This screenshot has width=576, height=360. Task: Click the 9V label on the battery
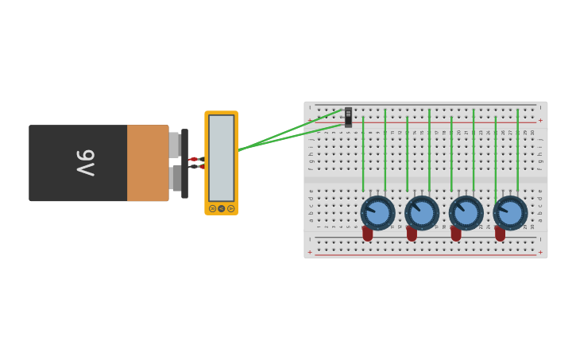point(85,163)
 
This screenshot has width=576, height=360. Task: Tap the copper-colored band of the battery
point(148,163)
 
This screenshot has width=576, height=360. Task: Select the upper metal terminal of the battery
point(174,145)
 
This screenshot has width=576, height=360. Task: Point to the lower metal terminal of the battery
point(175,178)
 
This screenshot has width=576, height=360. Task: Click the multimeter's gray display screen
point(221,157)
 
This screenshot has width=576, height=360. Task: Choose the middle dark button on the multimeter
point(221,208)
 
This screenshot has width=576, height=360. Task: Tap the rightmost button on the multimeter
point(230,208)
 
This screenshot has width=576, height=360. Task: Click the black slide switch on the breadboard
point(348,118)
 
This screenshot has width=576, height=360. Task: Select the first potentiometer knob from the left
point(377,213)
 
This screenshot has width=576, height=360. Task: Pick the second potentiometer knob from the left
point(422,213)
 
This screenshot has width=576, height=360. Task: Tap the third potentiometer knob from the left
point(466,213)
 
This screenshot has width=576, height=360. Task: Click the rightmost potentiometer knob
point(510,213)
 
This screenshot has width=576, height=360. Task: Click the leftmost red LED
point(367,234)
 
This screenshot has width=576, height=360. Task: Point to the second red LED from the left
point(412,234)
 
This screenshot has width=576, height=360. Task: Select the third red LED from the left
point(456,234)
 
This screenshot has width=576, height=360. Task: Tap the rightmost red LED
point(500,234)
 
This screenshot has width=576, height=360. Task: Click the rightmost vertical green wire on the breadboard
point(517,151)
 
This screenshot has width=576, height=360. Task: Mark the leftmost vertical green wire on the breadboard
point(363,155)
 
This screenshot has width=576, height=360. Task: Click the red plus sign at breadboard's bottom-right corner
point(540,252)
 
